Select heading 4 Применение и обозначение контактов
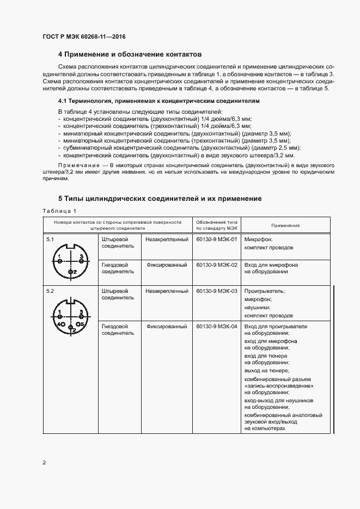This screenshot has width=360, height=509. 130,54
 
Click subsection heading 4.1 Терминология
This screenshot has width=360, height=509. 158,101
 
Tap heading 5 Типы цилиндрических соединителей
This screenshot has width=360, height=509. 160,199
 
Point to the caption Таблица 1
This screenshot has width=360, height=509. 59,211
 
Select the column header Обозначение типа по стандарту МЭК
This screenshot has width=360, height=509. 217,225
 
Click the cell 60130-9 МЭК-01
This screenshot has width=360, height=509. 217,239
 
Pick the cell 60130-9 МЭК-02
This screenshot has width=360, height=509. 217,265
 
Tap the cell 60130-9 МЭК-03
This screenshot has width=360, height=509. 217,291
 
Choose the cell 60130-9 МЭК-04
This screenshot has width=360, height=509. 217,327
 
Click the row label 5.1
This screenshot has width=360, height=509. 50,239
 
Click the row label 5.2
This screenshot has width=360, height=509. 50,291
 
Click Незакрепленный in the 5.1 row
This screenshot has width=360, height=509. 167,239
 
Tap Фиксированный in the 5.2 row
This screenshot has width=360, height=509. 166,327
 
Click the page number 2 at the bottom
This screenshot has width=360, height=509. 44,463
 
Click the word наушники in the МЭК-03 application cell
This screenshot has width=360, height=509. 258,307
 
